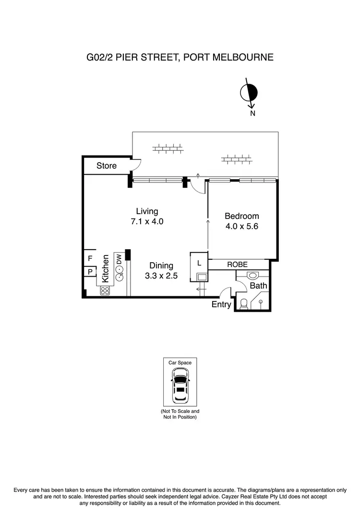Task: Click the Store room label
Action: tap(106, 166)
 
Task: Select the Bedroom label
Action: tap(242, 216)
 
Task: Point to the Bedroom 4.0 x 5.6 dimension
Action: tap(242, 226)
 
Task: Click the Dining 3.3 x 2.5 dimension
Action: tap(161, 276)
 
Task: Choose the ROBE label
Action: tap(238, 265)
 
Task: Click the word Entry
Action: tap(221, 304)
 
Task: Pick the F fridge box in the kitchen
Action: tap(90, 258)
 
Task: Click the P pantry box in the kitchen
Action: tap(90, 272)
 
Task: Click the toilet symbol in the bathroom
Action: tap(244, 303)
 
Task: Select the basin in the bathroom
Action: tap(253, 275)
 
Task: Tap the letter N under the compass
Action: tap(252, 114)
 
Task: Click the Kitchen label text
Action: tap(105, 268)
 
